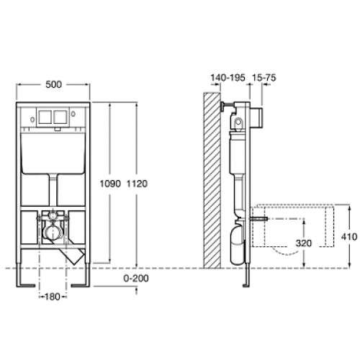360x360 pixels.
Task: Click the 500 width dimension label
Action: (53, 84)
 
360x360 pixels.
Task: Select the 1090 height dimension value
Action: (110, 184)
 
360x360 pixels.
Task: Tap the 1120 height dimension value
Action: (137, 184)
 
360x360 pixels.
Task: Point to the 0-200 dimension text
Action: (136, 279)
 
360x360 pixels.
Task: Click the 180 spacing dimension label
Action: (53, 297)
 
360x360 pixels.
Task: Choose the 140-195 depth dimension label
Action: (228, 78)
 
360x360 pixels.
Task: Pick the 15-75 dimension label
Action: (264, 78)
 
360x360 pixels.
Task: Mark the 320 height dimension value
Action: (304, 243)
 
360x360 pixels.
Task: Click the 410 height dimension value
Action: (349, 237)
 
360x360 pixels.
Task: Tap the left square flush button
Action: (45, 117)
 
